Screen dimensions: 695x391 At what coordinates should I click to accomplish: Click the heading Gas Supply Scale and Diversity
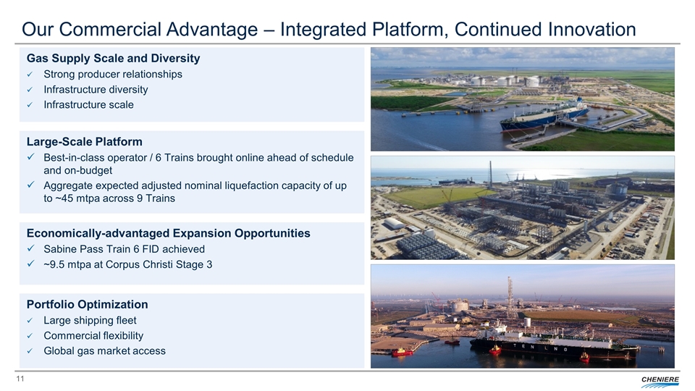pyautogui.click(x=113, y=59)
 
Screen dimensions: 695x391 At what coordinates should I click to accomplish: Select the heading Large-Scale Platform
pyautogui.click(x=84, y=142)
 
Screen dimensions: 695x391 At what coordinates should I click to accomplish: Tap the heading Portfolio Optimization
pyautogui.click(x=88, y=305)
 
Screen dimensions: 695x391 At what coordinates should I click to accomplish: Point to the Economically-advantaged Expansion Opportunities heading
pyautogui.click(x=169, y=233)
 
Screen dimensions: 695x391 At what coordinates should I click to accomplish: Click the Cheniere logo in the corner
pyautogui.click(x=660, y=382)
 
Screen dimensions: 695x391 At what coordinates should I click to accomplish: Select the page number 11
pyautogui.click(x=20, y=379)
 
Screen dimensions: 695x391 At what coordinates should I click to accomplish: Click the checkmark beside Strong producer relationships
pyautogui.click(x=30, y=75)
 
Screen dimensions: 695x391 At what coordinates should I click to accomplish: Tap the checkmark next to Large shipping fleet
pyautogui.click(x=30, y=321)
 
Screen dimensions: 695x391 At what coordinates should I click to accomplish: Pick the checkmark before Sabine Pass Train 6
pyautogui.click(x=30, y=248)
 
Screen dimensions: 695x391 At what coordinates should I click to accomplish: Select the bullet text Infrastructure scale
pyautogui.click(x=88, y=105)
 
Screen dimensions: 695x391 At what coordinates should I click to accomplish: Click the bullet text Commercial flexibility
pyautogui.click(x=93, y=336)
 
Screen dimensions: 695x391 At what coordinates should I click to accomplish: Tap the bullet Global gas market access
pyautogui.click(x=104, y=351)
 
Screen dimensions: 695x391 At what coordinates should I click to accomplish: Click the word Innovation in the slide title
pyautogui.click(x=591, y=30)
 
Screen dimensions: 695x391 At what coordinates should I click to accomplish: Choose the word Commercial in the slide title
pyautogui.click(x=109, y=30)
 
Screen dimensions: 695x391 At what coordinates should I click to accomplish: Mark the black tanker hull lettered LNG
pyautogui.click(x=554, y=346)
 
